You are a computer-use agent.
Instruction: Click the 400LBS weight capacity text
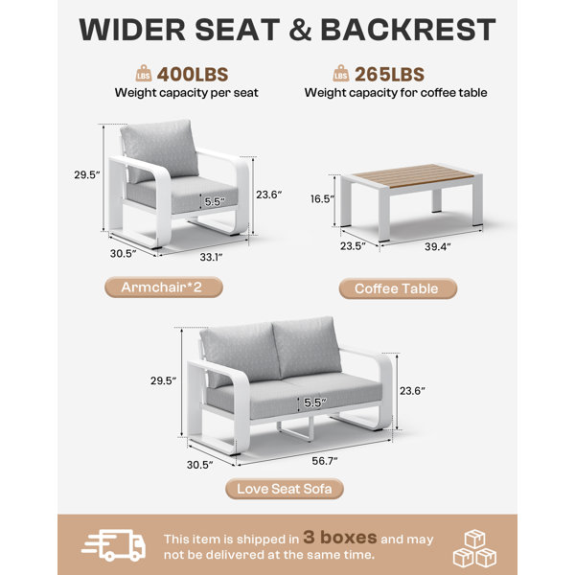tap(193, 75)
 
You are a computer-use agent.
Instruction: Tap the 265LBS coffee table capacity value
tap(389, 75)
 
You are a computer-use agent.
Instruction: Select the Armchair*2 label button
tap(164, 287)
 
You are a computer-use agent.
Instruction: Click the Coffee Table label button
tap(398, 288)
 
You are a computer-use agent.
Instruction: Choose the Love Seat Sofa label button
tap(285, 489)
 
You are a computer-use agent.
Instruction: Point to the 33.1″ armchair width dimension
tap(211, 257)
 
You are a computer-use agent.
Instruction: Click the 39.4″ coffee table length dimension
tap(438, 246)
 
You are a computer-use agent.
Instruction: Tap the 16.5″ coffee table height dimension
tap(323, 198)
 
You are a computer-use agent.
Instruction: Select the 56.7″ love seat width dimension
tap(325, 461)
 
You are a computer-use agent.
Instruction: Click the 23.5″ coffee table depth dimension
tap(353, 245)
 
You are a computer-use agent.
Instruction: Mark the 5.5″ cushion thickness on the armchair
tap(215, 201)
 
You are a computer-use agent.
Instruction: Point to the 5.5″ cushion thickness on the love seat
tap(315, 402)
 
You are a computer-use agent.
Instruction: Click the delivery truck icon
tap(114, 545)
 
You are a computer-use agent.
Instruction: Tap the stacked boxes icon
tap(475, 548)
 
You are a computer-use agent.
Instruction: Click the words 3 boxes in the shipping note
tap(340, 538)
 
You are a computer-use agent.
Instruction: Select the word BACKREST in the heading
tap(408, 30)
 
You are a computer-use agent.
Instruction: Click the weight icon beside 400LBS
tap(144, 74)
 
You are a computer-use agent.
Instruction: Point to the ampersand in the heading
tap(301, 30)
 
